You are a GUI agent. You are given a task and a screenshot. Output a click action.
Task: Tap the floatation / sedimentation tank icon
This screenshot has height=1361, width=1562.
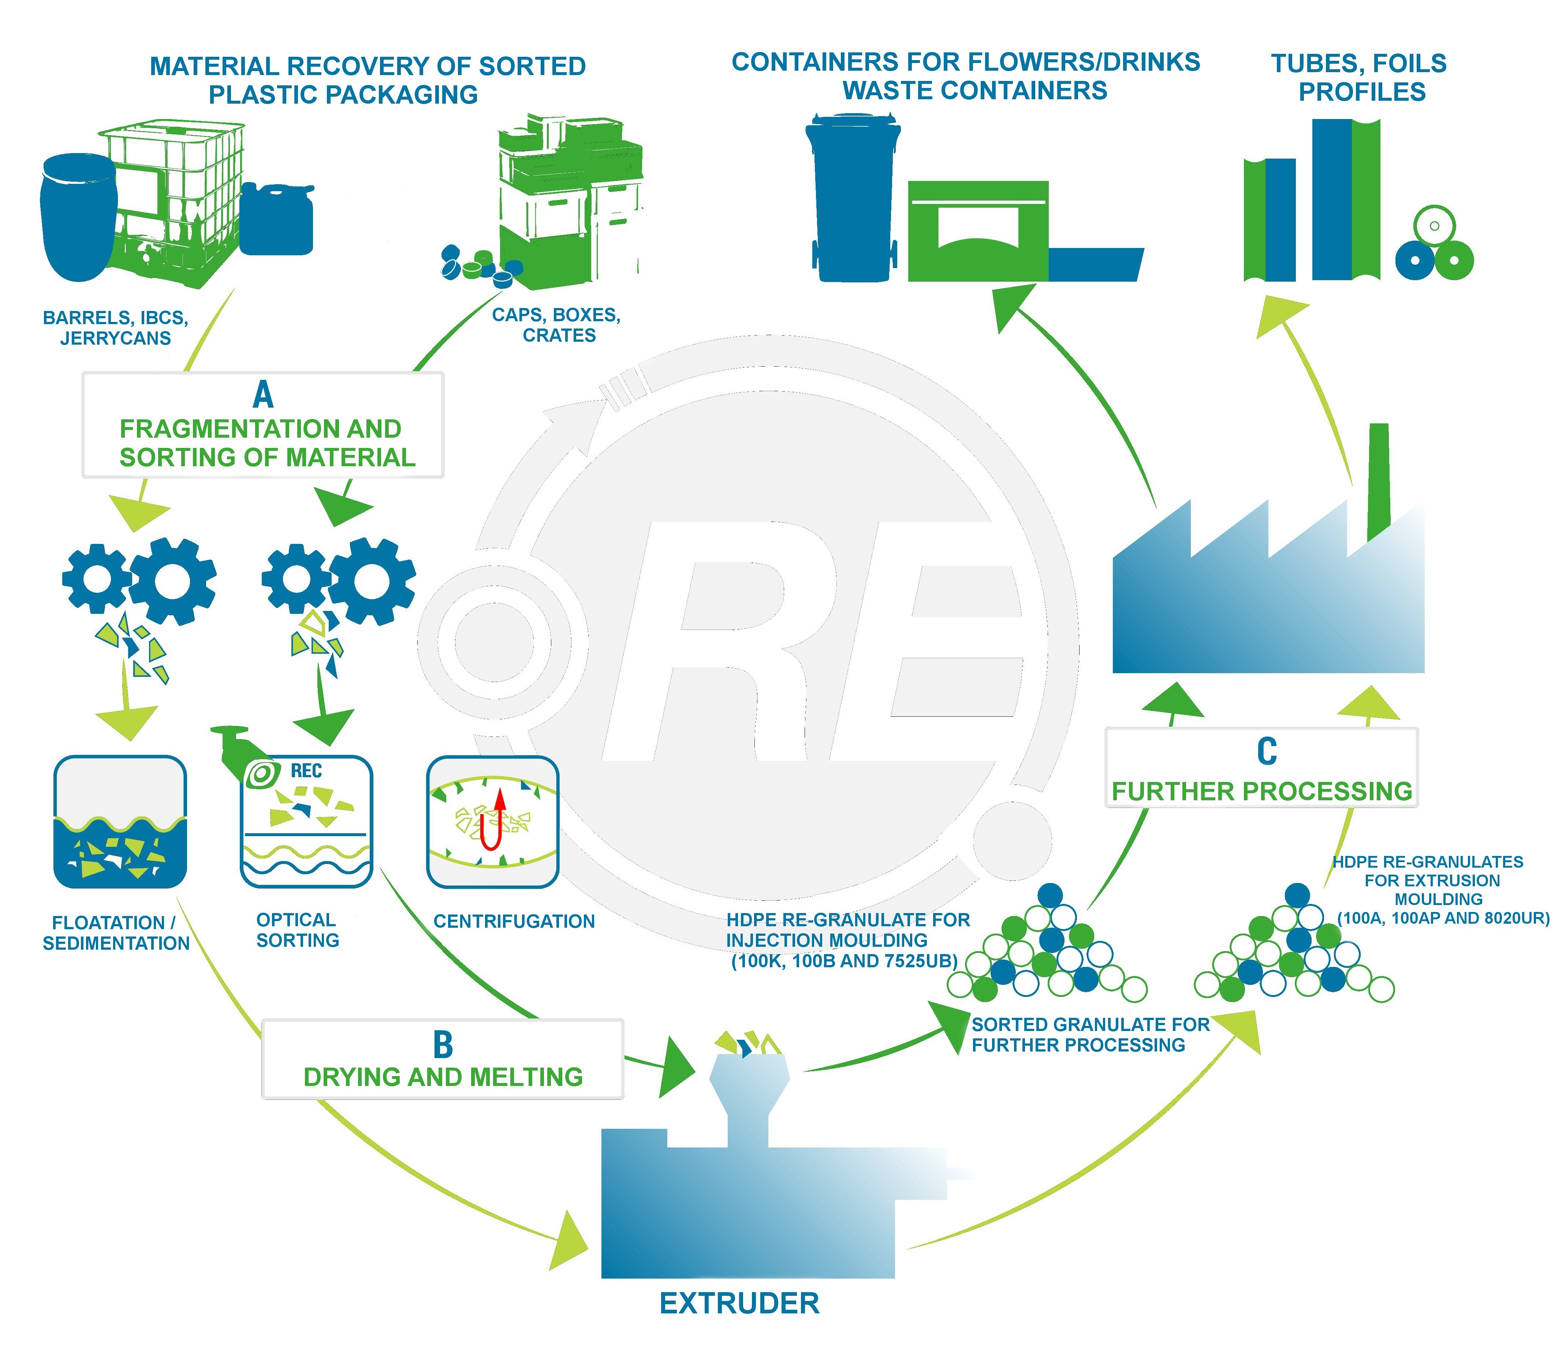120,822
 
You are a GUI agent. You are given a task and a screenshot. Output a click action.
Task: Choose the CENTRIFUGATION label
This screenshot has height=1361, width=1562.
514,921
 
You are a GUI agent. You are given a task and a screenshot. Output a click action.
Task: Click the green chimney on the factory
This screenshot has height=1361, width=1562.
1378,482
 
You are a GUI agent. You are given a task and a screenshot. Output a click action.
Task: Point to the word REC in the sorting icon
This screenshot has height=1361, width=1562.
307,771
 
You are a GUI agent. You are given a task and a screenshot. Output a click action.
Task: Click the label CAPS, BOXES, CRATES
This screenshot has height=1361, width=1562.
557,325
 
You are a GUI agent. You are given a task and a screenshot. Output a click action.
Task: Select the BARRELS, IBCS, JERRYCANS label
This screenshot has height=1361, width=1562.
115,328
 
